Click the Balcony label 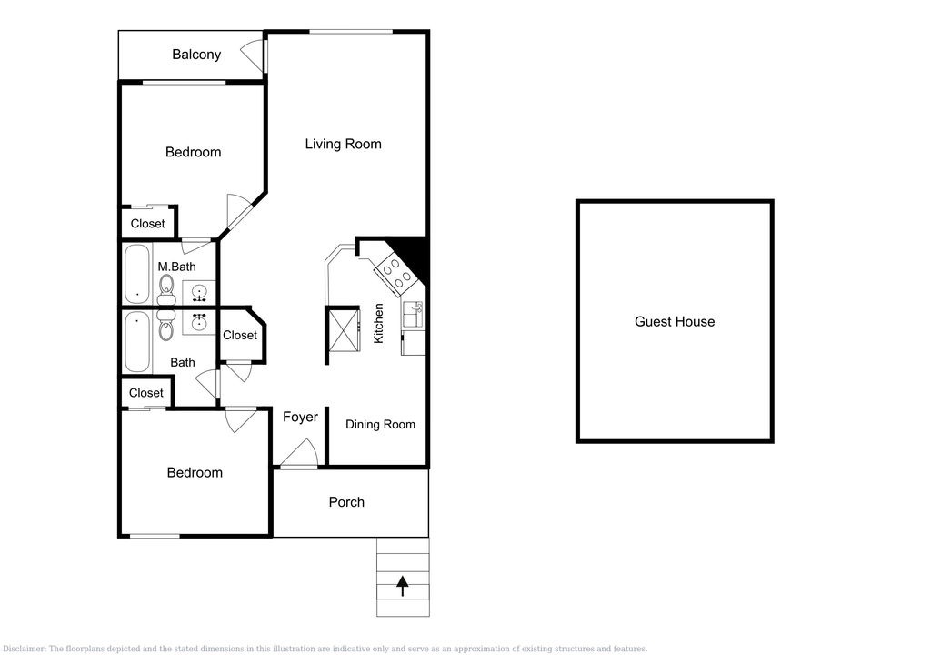coord(196,55)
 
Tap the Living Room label coord(343,144)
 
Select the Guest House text coord(675,321)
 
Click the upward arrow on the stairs coord(403,586)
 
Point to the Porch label coord(346,502)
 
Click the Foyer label coord(300,418)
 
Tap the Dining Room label coord(381,424)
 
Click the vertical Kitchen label coord(378,323)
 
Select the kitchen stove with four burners coord(395,274)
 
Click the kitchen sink coord(413,315)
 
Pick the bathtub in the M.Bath coord(137,274)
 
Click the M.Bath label coord(177,267)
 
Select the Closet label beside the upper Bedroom coord(148,224)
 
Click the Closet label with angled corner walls coord(240,335)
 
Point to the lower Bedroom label coord(195,473)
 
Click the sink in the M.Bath coord(198,292)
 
